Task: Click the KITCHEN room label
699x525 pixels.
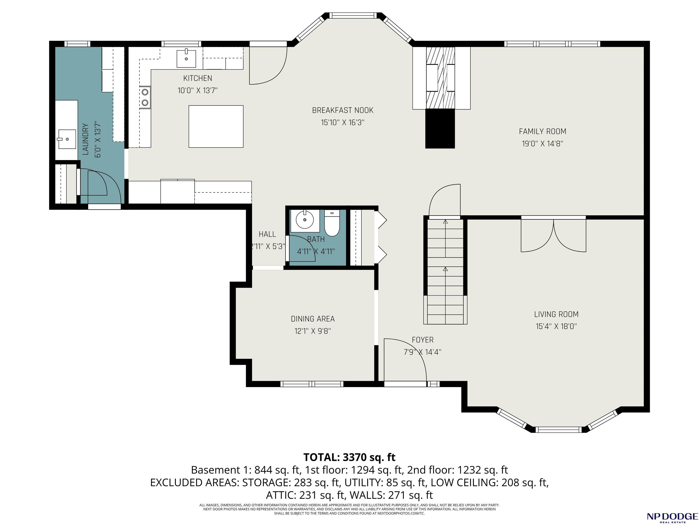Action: tap(198, 78)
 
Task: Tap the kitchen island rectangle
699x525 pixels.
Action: tap(216, 126)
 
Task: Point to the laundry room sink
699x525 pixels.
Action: tap(66, 139)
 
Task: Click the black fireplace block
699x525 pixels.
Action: tap(440, 129)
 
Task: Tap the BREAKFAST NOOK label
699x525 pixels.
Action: tap(342, 110)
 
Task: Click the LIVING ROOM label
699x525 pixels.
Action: tap(556, 314)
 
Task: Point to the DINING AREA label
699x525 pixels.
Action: tap(313, 319)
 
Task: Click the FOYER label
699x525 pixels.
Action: tap(423, 340)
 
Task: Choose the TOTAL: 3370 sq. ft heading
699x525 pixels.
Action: tap(349, 457)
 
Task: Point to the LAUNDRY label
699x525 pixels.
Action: tap(85, 139)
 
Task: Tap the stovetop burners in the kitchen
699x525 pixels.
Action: tap(145, 97)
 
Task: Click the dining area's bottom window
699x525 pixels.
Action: tap(312, 384)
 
